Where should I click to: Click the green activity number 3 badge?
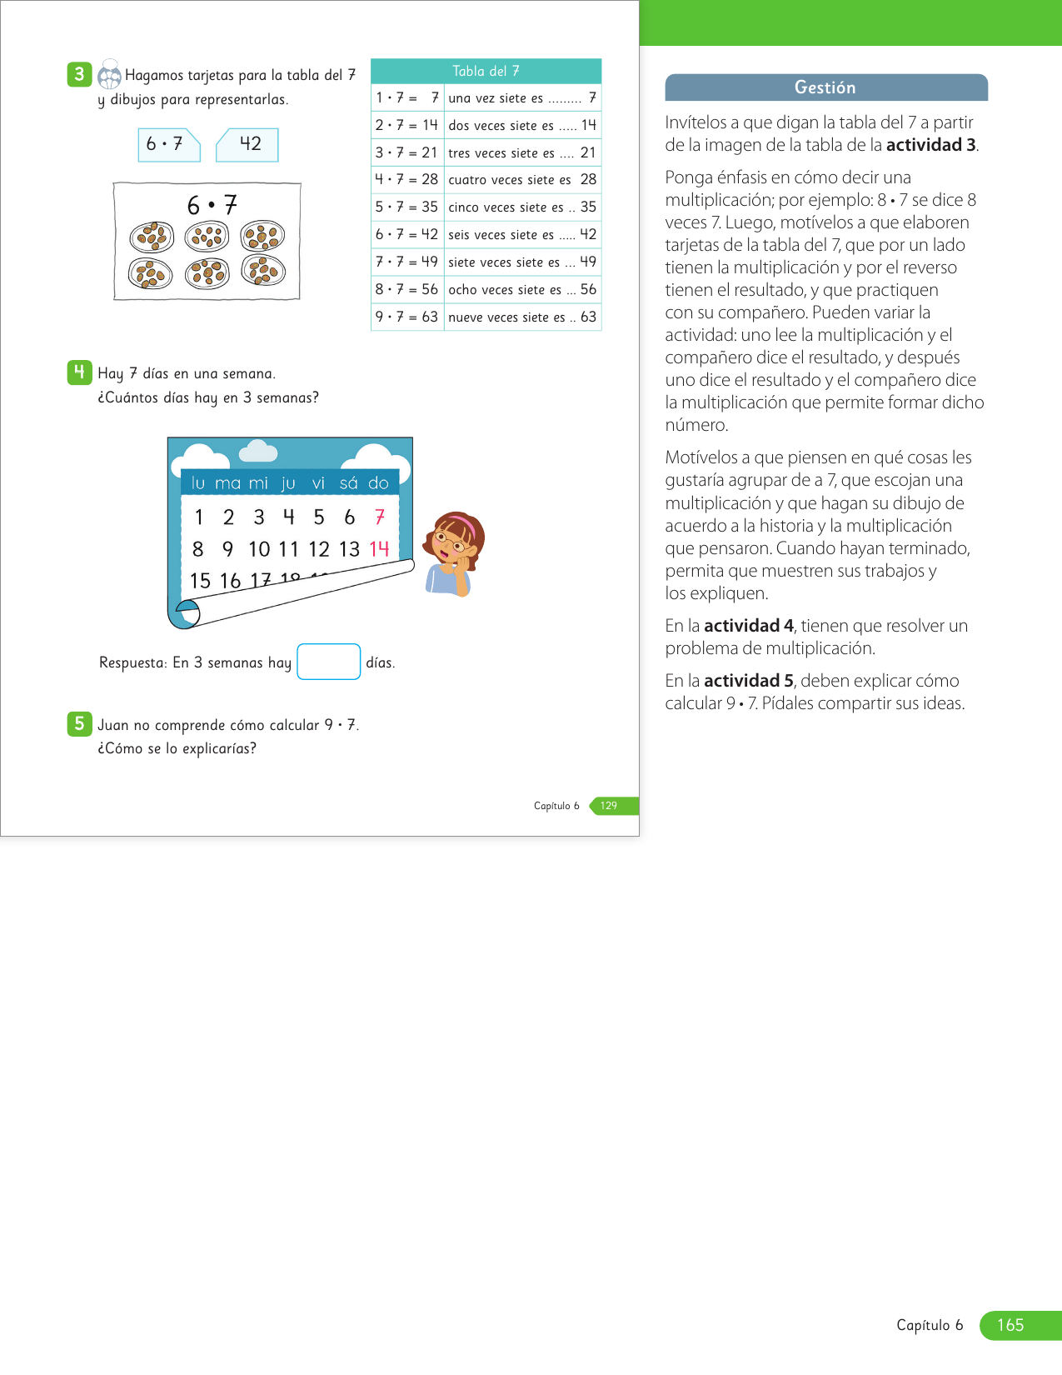pyautogui.click(x=79, y=74)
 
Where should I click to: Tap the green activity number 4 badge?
pyautogui.click(x=79, y=372)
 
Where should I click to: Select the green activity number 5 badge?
pyautogui.click(x=79, y=723)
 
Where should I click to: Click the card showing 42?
pyautogui.click(x=248, y=144)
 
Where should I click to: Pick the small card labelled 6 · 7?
pyautogui.click(x=167, y=144)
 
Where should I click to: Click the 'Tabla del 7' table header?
pyautogui.click(x=486, y=72)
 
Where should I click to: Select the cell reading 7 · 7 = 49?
pyautogui.click(x=406, y=262)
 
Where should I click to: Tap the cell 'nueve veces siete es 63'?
pyautogui.click(x=522, y=317)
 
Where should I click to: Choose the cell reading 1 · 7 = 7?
pyautogui.click(x=406, y=97)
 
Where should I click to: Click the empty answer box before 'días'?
pyautogui.click(x=328, y=662)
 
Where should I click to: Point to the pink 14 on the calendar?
pyautogui.click(x=379, y=548)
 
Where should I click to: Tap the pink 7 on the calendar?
pyautogui.click(x=380, y=517)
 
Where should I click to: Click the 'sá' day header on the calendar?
pyautogui.click(x=348, y=482)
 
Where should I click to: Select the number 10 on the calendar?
pyautogui.click(x=259, y=548)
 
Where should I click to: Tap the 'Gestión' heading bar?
pyautogui.click(x=825, y=87)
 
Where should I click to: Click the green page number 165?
pyautogui.click(x=1010, y=1325)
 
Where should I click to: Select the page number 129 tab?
pyautogui.click(x=610, y=806)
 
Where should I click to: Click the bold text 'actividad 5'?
pyautogui.click(x=748, y=681)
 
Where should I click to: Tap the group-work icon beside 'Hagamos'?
pyautogui.click(x=109, y=75)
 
